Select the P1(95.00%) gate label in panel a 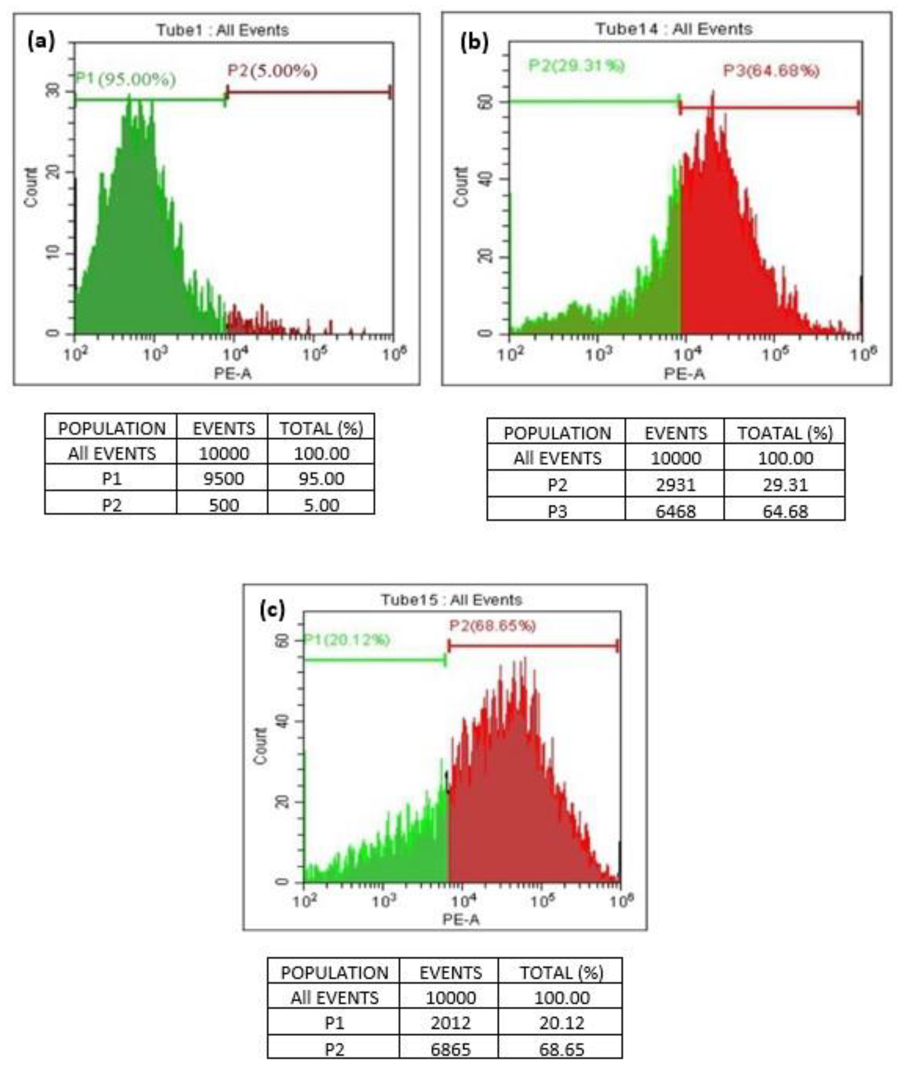[x=125, y=79]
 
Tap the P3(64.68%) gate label [x=771, y=70]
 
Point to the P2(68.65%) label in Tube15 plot [x=492, y=625]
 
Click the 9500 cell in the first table [x=223, y=479]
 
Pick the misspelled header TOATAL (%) [x=785, y=433]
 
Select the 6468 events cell [x=675, y=511]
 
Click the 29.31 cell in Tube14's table [x=785, y=484]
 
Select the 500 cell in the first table [x=223, y=505]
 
